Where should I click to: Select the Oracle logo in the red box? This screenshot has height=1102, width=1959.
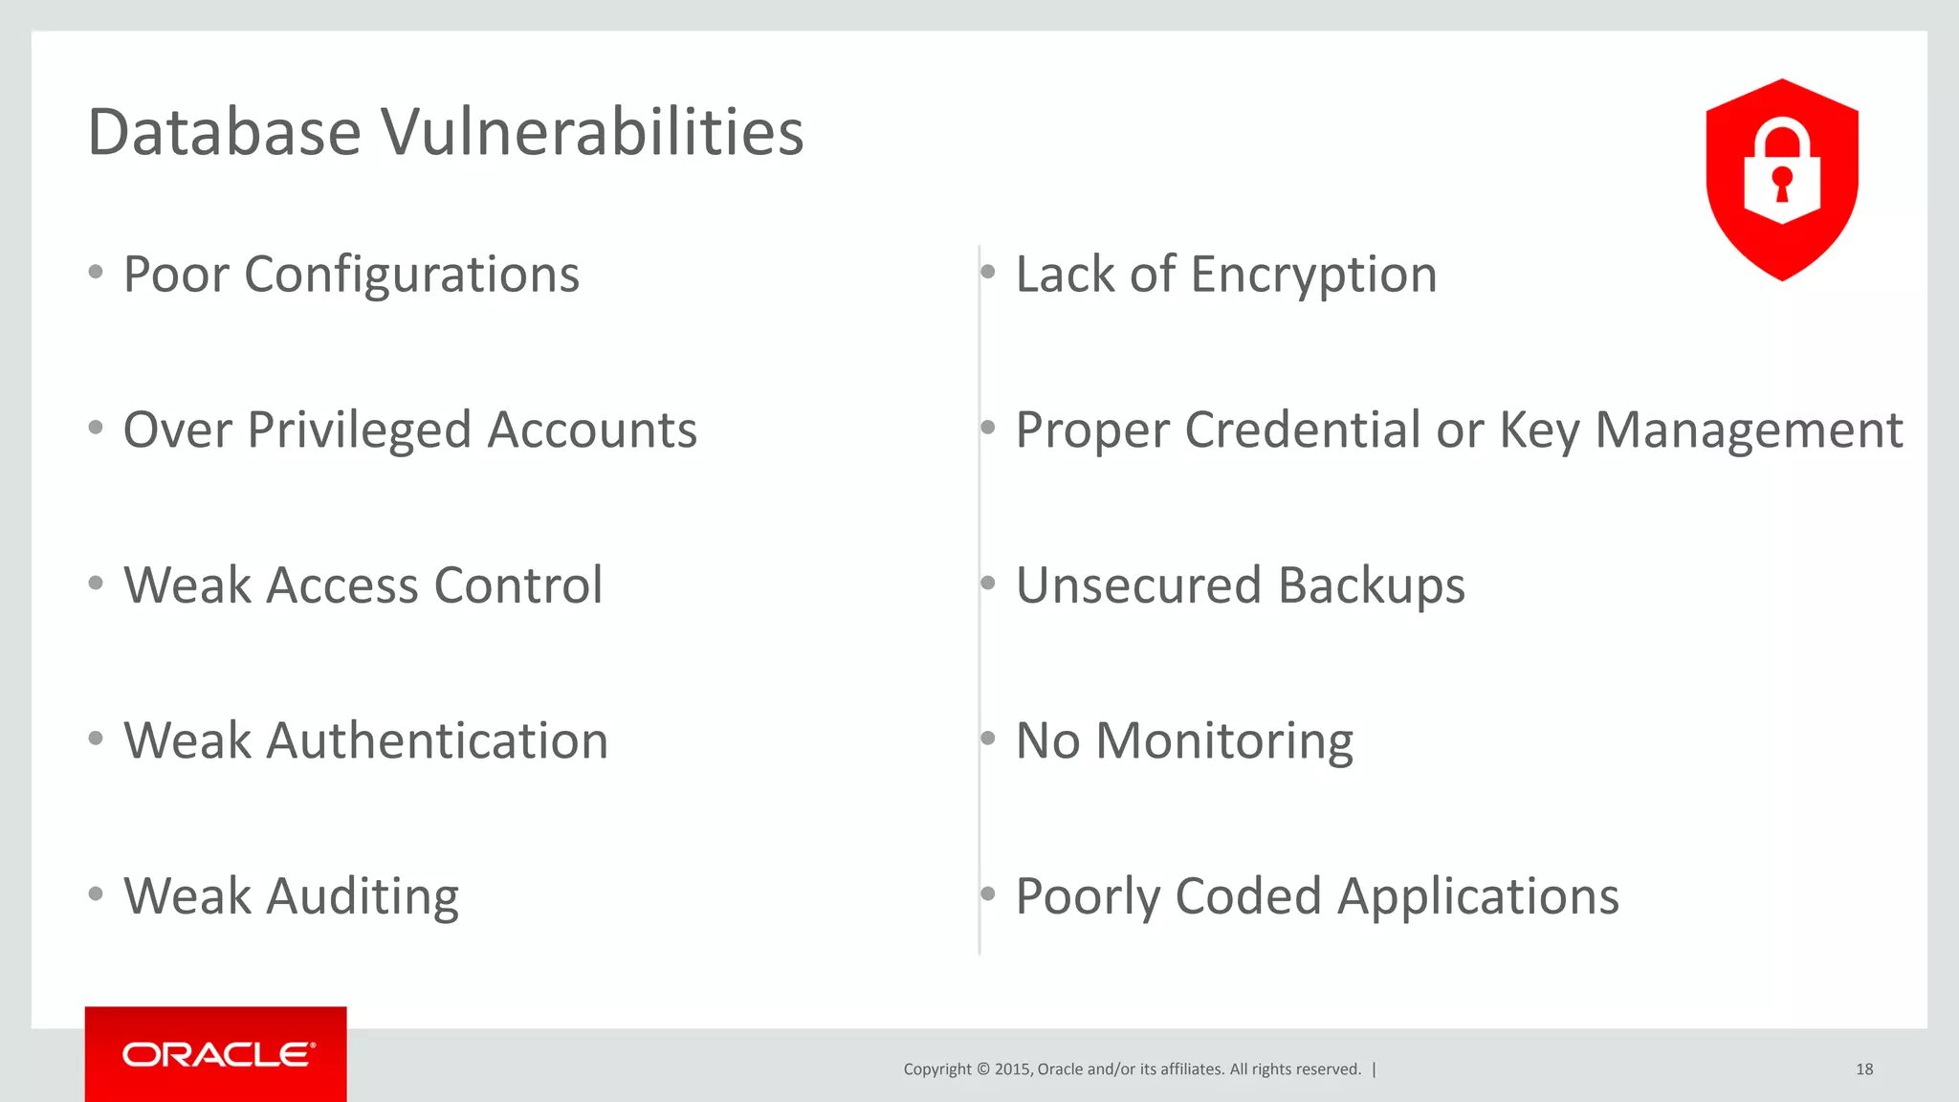218,1054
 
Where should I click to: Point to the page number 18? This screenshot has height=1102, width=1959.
1864,1069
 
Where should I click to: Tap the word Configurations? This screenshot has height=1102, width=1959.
411,275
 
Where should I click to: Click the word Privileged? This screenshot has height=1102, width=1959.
360,430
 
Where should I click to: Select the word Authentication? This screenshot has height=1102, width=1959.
436,741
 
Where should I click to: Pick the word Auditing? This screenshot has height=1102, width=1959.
363,897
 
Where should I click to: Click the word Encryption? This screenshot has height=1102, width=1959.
1313,275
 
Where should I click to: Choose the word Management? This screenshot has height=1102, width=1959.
1749,430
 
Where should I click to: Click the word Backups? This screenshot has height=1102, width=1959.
1371,585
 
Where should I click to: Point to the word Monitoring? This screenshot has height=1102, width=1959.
1224,741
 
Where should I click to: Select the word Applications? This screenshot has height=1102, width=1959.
1478,897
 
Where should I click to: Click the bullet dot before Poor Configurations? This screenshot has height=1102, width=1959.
96,273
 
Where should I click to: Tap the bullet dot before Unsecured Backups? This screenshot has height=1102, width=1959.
988,583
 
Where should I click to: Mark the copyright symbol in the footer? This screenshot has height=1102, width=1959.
982,1069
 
